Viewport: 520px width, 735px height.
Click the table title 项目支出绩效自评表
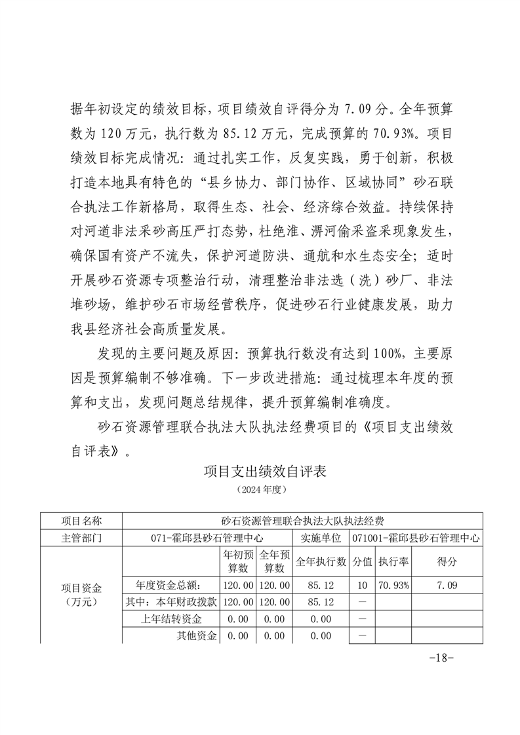(x=260, y=471)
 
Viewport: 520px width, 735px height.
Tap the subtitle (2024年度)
(x=260, y=489)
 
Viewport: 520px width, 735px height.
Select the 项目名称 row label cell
(x=81, y=521)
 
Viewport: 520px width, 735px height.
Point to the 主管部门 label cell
(x=81, y=538)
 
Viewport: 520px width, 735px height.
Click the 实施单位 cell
(x=321, y=538)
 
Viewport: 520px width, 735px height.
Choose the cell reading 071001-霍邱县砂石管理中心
(x=416, y=538)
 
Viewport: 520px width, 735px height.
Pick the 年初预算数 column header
(x=237, y=561)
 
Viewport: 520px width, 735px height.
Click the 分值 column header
(x=363, y=561)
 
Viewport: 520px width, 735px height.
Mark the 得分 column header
(x=447, y=561)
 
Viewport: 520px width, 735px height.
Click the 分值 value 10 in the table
(x=363, y=584)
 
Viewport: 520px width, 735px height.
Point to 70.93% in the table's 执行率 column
(x=394, y=584)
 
